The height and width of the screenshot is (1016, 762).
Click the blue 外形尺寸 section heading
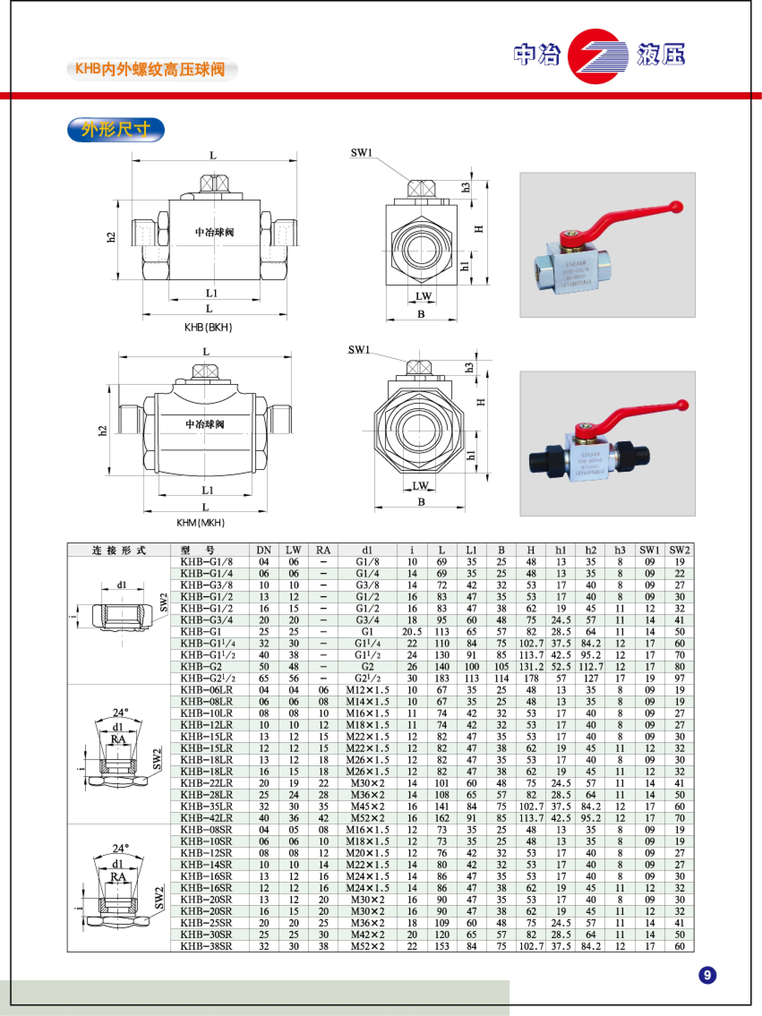click(116, 129)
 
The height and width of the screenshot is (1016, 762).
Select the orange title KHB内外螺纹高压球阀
click(150, 69)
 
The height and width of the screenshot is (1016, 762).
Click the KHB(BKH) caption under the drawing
click(208, 328)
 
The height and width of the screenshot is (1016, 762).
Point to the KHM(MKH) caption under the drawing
click(200, 523)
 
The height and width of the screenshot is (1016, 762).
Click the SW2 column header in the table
click(679, 550)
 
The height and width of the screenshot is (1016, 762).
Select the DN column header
click(264, 550)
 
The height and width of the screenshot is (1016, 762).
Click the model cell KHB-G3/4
click(206, 620)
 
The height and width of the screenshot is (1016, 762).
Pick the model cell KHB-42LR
click(206, 818)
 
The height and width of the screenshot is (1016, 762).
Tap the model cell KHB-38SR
click(206, 946)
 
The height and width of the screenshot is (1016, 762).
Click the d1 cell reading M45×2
click(367, 807)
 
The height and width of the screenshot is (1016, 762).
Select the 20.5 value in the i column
click(412, 632)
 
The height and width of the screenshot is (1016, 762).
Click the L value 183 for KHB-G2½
click(441, 679)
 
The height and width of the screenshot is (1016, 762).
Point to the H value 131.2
click(531, 667)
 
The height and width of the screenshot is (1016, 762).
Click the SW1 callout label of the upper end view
click(361, 153)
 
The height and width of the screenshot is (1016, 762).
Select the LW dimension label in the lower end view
click(419, 485)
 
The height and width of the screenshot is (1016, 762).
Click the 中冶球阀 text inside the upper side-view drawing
click(214, 232)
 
